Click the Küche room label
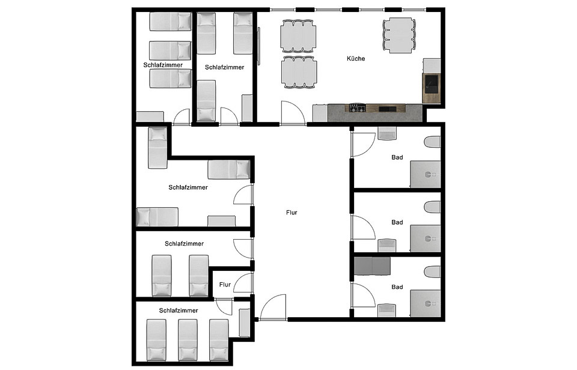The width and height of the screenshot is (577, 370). coord(356,59)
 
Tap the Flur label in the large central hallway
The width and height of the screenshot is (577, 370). coord(292,212)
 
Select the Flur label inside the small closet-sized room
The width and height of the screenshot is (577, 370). coord(225,285)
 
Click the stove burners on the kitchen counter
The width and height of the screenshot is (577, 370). coord(357,108)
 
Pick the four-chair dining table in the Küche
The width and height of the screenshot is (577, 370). coord(399,34)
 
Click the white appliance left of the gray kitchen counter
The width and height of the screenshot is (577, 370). coord(320,113)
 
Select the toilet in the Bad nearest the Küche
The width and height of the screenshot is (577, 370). coord(432,143)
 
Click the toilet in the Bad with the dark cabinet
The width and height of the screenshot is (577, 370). coord(432,272)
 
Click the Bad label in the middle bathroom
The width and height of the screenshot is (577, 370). coord(397,222)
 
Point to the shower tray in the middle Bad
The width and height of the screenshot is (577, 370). coord(426,238)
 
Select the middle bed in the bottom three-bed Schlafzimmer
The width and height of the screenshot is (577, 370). coord(187,338)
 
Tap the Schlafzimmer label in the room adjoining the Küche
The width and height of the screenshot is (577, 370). coord(224,67)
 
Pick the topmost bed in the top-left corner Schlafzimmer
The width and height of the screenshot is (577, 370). coord(170,22)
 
